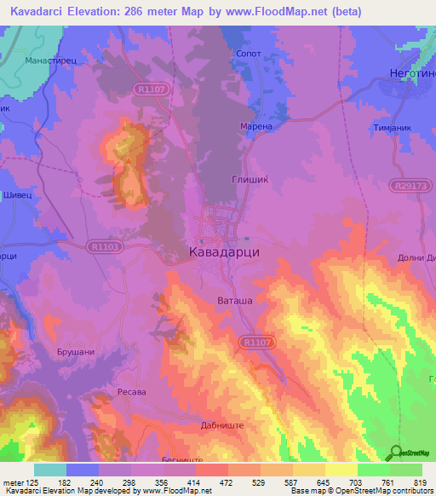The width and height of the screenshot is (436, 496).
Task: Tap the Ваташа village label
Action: [x=231, y=300]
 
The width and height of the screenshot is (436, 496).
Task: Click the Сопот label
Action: [x=247, y=52]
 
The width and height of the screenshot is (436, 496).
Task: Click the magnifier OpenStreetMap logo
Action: [x=396, y=453]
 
